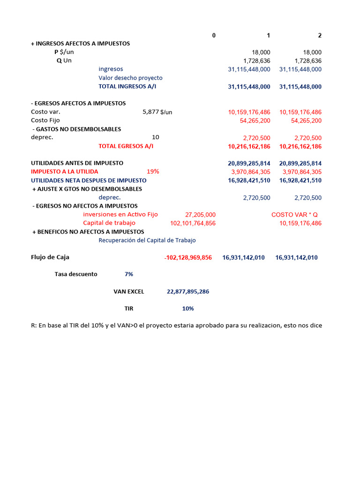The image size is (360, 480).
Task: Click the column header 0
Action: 214,35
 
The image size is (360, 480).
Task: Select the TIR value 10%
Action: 188,308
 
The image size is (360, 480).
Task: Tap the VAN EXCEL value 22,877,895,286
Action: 188,292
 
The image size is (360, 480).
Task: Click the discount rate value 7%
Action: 129,274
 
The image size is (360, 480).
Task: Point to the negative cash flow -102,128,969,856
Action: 188,257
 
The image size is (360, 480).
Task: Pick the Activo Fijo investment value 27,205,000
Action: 200,215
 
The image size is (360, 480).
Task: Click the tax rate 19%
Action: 153,172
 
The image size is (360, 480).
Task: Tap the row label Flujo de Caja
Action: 50,257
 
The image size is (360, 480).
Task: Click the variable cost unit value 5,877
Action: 150,112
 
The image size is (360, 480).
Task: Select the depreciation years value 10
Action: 156,137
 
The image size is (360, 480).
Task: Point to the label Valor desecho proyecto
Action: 130,78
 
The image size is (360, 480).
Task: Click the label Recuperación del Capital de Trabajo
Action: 147,240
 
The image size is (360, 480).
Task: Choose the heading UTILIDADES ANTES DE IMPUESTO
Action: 77,163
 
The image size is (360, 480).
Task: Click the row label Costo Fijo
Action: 45,120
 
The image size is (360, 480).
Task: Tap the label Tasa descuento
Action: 76,274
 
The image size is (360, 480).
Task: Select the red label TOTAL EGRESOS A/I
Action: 126,146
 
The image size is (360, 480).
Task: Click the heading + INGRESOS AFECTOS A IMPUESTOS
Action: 80,44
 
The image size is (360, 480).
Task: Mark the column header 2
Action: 320,35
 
